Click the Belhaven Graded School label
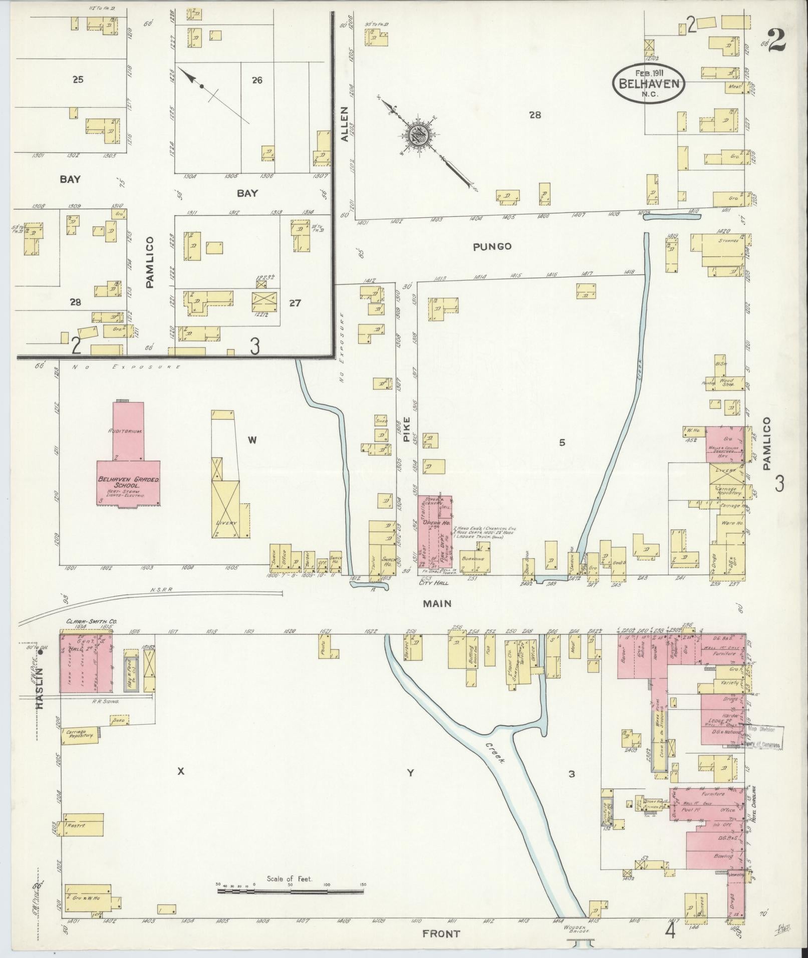point(128,482)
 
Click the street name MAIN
point(437,604)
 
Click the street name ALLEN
point(345,124)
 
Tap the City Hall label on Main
point(433,583)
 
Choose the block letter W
point(252,440)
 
